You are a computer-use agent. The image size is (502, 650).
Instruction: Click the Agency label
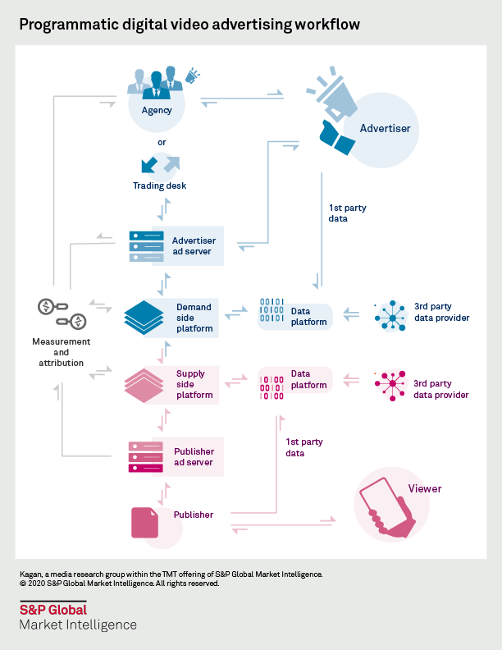(156, 110)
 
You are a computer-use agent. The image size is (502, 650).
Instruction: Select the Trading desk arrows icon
(161, 164)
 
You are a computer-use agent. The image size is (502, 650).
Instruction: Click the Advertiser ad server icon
(146, 246)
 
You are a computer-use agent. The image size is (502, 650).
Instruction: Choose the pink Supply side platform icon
(144, 385)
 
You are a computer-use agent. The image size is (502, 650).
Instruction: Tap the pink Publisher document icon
(145, 522)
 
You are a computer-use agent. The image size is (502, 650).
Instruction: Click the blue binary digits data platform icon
(272, 312)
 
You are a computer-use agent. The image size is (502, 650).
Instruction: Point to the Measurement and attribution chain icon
(62, 314)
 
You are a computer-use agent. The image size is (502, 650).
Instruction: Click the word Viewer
(425, 488)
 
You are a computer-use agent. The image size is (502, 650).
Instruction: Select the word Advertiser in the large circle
(385, 128)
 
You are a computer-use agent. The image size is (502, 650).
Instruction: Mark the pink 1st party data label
(303, 447)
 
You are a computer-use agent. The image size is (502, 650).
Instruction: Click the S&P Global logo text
(52, 609)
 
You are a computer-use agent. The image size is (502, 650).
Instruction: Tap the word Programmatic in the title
(66, 25)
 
